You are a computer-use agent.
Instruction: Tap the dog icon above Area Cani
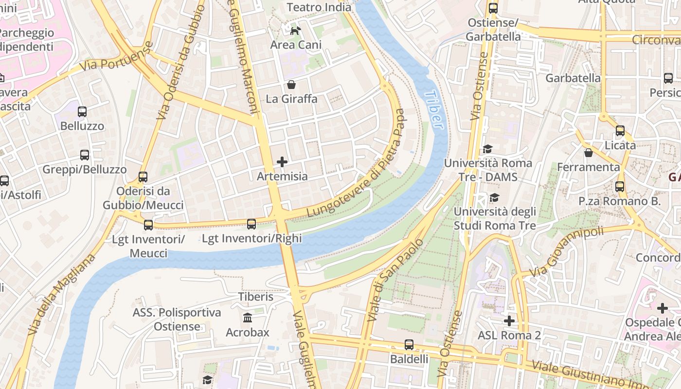(x=295, y=31)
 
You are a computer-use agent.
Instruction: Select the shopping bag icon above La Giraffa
(x=291, y=85)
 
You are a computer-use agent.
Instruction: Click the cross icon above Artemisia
(x=282, y=162)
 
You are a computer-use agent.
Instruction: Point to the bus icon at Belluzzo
(x=82, y=112)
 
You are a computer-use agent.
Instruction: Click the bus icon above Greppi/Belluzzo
(x=85, y=155)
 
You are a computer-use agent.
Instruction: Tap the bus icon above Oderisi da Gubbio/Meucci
(x=143, y=177)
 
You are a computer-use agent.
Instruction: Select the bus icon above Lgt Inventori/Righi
(x=251, y=224)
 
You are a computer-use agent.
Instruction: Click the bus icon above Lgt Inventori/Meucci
(x=148, y=225)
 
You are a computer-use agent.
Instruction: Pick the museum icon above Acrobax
(x=247, y=318)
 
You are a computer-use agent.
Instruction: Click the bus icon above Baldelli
(x=409, y=345)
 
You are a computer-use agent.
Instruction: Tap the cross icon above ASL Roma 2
(x=509, y=321)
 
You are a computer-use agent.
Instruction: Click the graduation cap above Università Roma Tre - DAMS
(x=487, y=149)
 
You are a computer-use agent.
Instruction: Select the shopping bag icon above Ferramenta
(x=588, y=153)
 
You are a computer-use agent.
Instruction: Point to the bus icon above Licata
(x=620, y=131)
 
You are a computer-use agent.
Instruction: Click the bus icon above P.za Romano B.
(x=620, y=186)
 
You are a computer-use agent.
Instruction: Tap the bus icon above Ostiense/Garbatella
(x=493, y=8)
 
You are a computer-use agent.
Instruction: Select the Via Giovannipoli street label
(x=566, y=253)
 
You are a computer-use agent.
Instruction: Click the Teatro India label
(x=319, y=7)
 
